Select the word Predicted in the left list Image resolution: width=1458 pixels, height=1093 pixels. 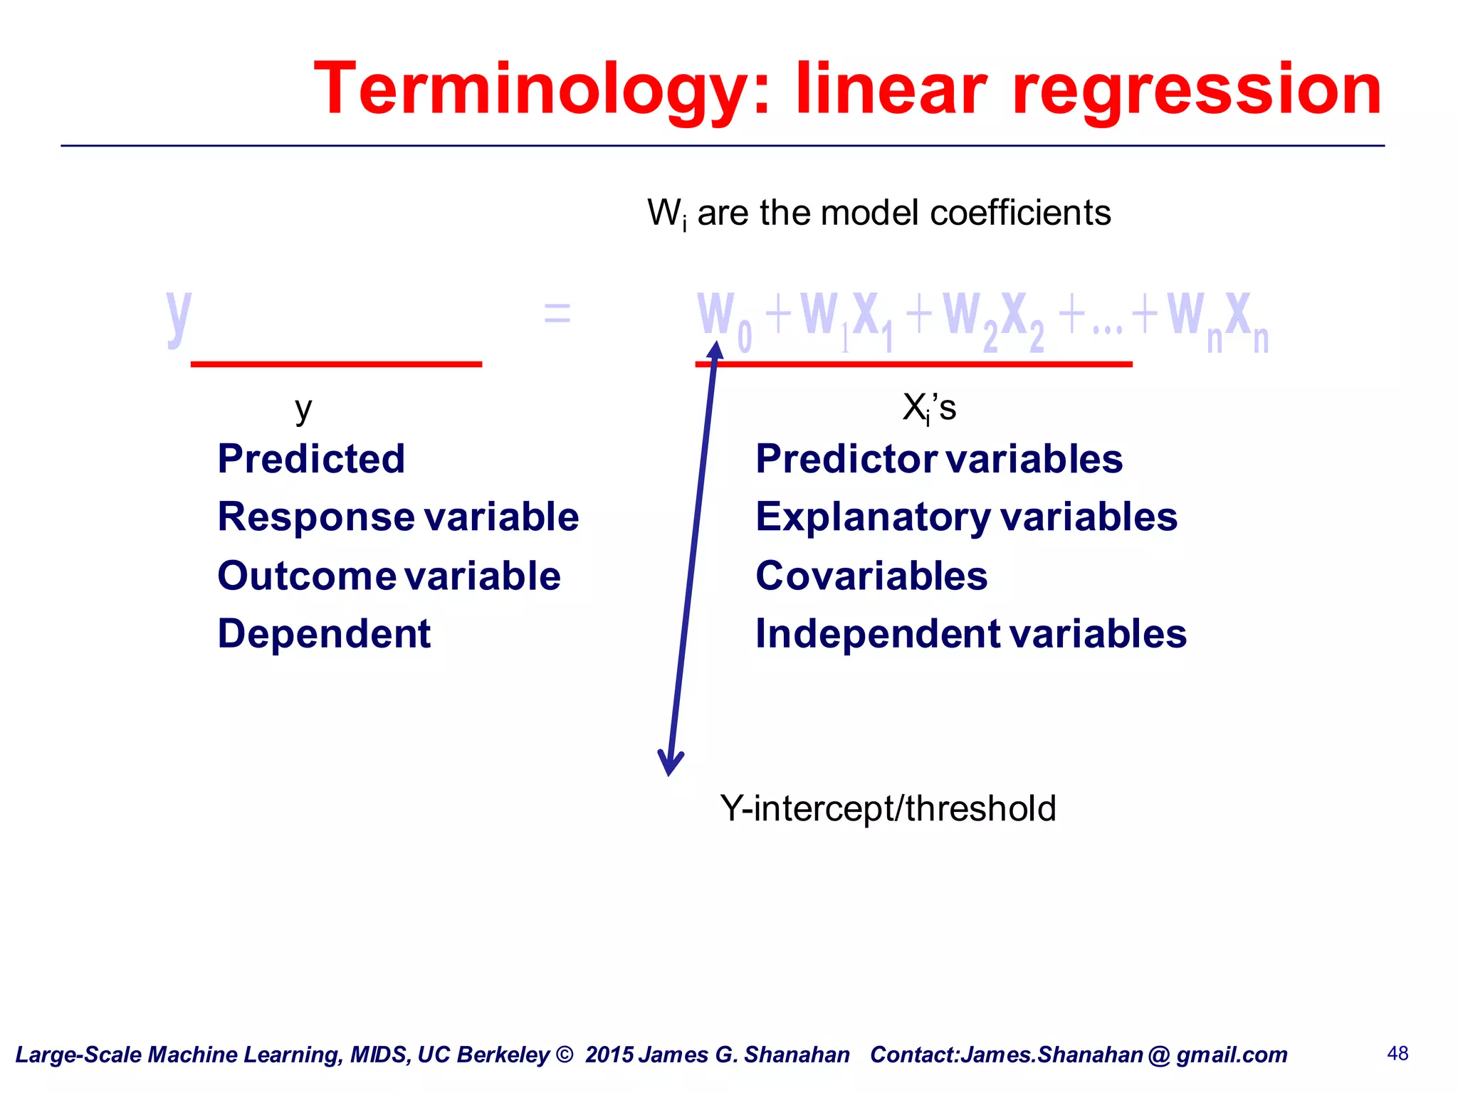(x=311, y=459)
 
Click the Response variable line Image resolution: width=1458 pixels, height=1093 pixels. (x=398, y=517)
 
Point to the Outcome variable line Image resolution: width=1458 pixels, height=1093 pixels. (x=389, y=576)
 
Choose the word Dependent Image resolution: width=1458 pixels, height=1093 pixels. (x=324, y=634)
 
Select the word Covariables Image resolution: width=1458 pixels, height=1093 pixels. (x=871, y=576)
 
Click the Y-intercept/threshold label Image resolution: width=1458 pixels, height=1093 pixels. (x=888, y=809)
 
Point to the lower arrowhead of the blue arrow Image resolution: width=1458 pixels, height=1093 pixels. (x=670, y=764)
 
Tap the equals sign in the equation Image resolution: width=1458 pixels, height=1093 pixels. (x=557, y=312)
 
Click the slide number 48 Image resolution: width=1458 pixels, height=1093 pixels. (x=1397, y=1053)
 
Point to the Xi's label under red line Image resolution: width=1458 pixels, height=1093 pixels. (x=929, y=408)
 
